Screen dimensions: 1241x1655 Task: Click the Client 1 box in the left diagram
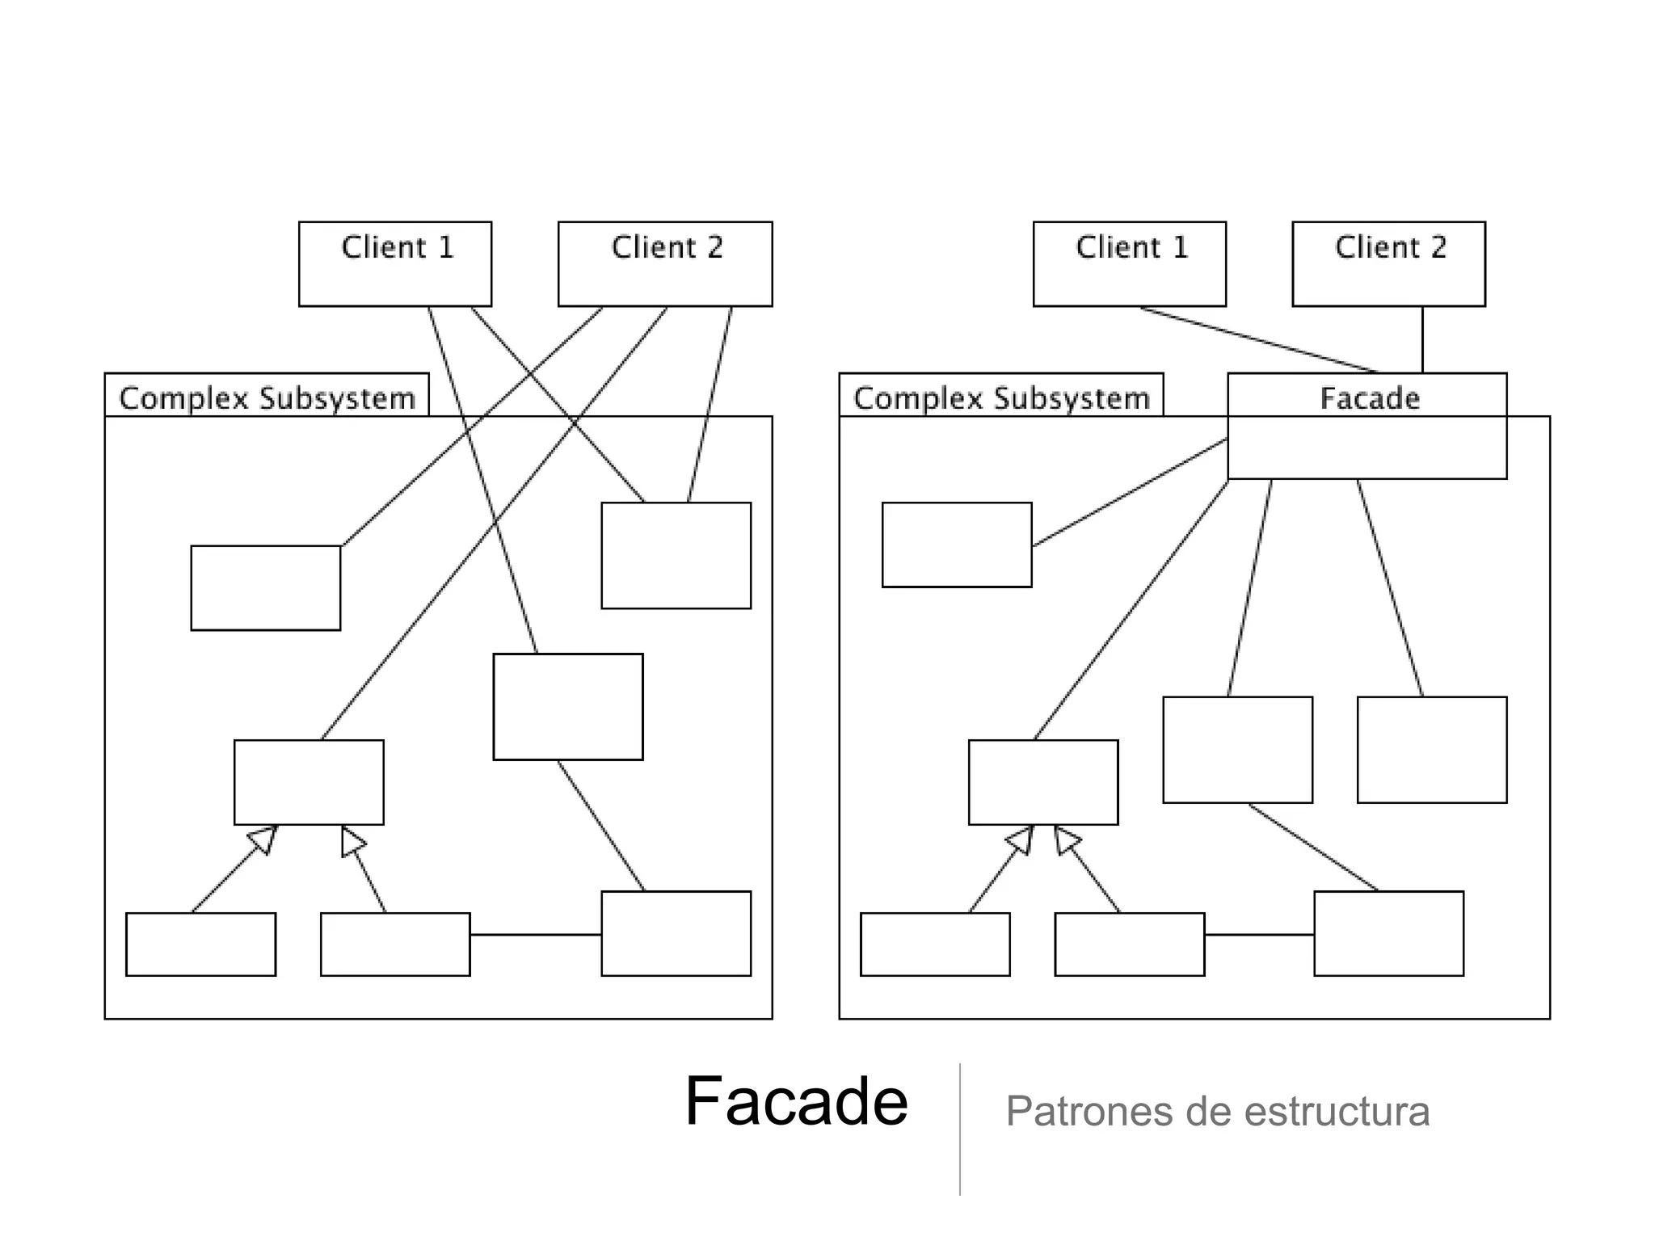click(394, 263)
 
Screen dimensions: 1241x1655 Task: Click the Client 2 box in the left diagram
click(664, 263)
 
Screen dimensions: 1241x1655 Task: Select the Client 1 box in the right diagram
click(1129, 263)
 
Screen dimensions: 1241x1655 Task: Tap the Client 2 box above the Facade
click(1388, 263)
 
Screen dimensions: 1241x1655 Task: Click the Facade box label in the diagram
click(1369, 398)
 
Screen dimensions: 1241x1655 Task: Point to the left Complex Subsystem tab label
click(267, 398)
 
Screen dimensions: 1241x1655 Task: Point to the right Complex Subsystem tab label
click(1000, 398)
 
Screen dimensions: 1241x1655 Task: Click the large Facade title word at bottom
click(796, 1101)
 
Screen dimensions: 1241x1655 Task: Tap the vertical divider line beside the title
click(960, 1131)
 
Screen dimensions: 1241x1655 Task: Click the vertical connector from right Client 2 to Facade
click(1422, 339)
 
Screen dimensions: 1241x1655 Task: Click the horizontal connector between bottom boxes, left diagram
click(535, 935)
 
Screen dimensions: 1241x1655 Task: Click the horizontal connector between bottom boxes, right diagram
click(1258, 935)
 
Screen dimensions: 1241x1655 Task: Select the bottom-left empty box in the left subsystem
click(200, 944)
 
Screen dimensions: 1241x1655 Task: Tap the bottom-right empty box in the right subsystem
click(1388, 933)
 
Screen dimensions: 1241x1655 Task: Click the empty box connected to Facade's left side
click(957, 545)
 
